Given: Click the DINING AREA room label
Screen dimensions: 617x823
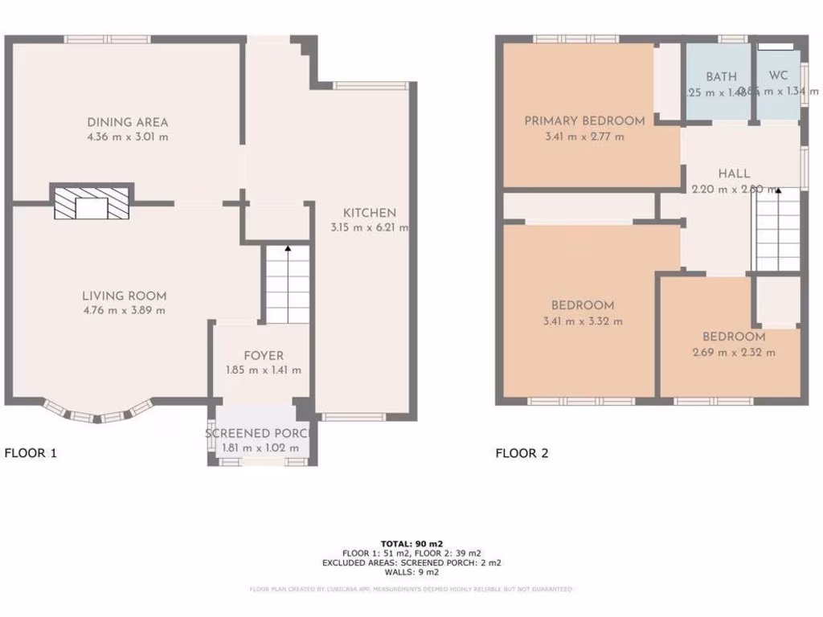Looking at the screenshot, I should pyautogui.click(x=128, y=122).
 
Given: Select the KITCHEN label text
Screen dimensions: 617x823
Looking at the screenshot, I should pyautogui.click(x=370, y=213).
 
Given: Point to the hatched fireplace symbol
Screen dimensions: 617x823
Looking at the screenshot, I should pyautogui.click(x=92, y=202).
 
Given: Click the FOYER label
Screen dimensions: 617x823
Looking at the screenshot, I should pyautogui.click(x=264, y=356).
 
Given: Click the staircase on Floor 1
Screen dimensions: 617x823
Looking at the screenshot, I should pyautogui.click(x=288, y=285).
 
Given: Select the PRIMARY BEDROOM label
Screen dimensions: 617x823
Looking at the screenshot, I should pyautogui.click(x=584, y=121).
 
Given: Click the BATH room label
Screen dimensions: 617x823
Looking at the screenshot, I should pyautogui.click(x=721, y=77).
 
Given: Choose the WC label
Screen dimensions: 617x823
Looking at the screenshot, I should pyautogui.click(x=778, y=76).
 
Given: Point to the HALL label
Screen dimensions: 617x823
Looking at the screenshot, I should pyautogui.click(x=734, y=174).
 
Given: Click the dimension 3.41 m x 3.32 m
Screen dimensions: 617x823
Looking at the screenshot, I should pyautogui.click(x=583, y=321).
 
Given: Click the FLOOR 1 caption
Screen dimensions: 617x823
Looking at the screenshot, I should pyautogui.click(x=31, y=453).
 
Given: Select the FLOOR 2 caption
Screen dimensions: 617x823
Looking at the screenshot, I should pyautogui.click(x=522, y=453).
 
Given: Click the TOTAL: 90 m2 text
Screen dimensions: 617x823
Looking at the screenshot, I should pyautogui.click(x=411, y=544).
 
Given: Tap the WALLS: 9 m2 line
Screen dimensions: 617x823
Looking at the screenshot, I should pyautogui.click(x=411, y=573).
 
